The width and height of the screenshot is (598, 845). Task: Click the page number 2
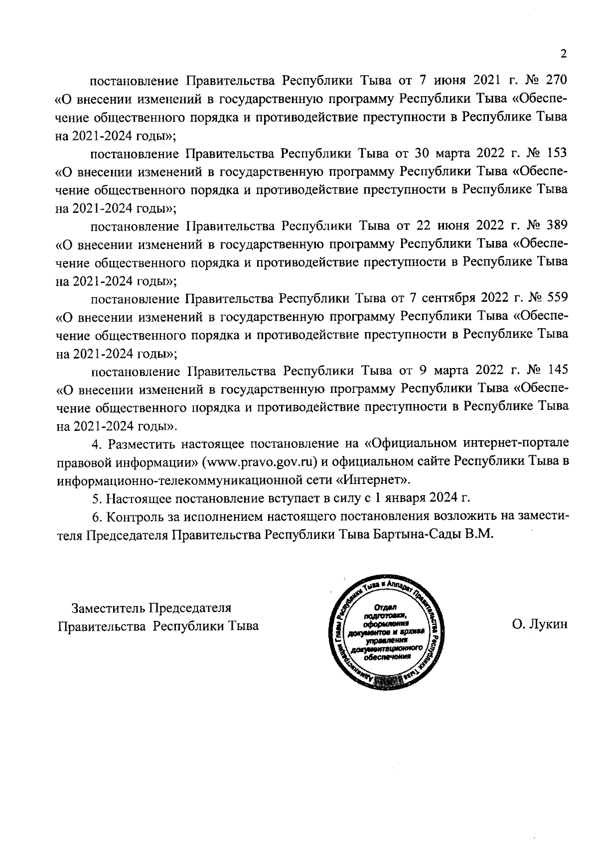pos(564,54)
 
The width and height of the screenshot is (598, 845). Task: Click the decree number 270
pos(557,80)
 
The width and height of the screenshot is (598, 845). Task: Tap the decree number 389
pos(557,226)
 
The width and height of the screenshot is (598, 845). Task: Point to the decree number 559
pos(557,298)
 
